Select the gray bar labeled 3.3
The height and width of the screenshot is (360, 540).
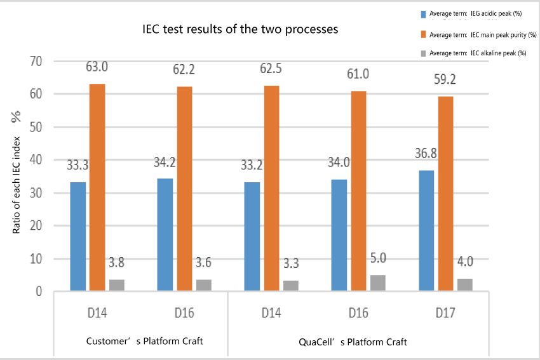pos(290,286)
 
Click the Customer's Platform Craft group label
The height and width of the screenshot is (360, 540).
pos(144,342)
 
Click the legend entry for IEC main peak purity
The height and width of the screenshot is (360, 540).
pos(482,34)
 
